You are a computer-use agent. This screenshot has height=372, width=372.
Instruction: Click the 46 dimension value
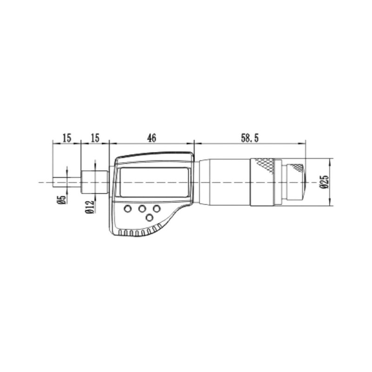(x=152, y=138)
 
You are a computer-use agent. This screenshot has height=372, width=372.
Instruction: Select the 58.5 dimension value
(x=250, y=138)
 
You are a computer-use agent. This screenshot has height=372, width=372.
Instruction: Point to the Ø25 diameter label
(x=324, y=182)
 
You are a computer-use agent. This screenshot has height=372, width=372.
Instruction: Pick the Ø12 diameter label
(x=90, y=207)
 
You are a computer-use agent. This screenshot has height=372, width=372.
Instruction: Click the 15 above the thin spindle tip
(x=66, y=138)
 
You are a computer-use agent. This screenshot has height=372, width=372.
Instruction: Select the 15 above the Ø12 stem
(x=95, y=138)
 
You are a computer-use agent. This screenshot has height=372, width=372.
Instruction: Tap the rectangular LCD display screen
(x=154, y=182)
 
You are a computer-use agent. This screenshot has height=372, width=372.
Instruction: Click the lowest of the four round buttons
(x=149, y=217)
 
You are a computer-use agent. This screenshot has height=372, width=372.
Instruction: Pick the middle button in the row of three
(x=142, y=209)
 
